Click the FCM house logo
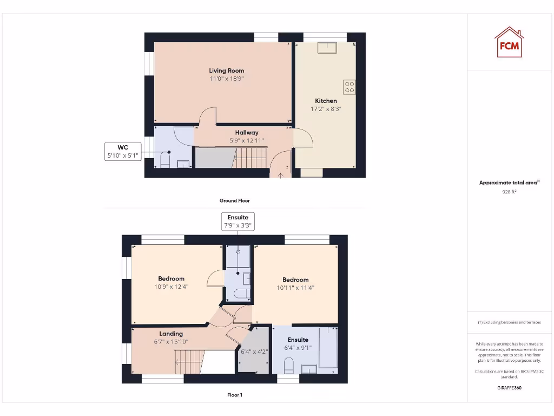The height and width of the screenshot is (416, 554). pyautogui.click(x=509, y=43)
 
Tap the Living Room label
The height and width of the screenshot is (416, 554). pyautogui.click(x=227, y=70)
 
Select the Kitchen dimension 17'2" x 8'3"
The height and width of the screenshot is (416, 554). pyautogui.click(x=326, y=108)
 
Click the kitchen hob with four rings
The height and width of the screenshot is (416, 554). pyautogui.click(x=349, y=87)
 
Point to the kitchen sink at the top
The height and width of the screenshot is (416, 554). pyautogui.click(x=327, y=48)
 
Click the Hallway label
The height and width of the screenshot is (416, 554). pyautogui.click(x=247, y=133)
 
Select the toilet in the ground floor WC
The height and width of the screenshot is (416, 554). pyautogui.click(x=166, y=159)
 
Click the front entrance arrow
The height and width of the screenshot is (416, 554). pyautogui.click(x=280, y=174)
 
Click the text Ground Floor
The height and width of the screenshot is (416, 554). pyautogui.click(x=235, y=200)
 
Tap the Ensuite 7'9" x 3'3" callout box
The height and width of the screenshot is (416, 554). pyautogui.click(x=238, y=222)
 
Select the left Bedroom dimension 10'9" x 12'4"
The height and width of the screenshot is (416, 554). pyautogui.click(x=172, y=287)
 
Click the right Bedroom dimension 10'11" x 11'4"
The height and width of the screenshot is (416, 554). pyautogui.click(x=295, y=288)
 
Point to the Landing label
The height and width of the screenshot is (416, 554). pyautogui.click(x=171, y=334)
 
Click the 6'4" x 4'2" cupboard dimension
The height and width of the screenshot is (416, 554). pyautogui.click(x=254, y=352)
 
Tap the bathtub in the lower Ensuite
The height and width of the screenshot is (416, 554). pyautogui.click(x=328, y=347)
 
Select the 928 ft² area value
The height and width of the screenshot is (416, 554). pyautogui.click(x=509, y=192)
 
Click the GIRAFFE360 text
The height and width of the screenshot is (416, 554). pyautogui.click(x=509, y=388)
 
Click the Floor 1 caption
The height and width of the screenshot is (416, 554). pyautogui.click(x=235, y=395)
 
